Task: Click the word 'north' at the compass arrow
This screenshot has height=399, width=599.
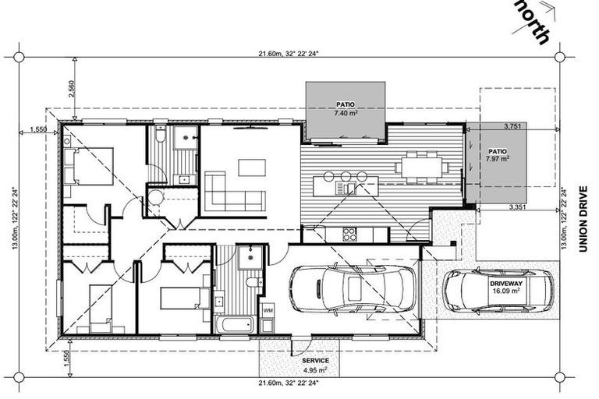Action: (534, 22)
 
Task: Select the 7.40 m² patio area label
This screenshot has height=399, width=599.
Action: (344, 108)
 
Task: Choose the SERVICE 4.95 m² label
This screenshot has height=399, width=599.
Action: (311, 365)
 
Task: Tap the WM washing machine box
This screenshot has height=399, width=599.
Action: (267, 311)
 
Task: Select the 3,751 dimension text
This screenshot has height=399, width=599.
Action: (512, 125)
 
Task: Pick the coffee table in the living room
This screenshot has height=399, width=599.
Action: (251, 168)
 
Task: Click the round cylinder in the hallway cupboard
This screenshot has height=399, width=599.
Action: (154, 197)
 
